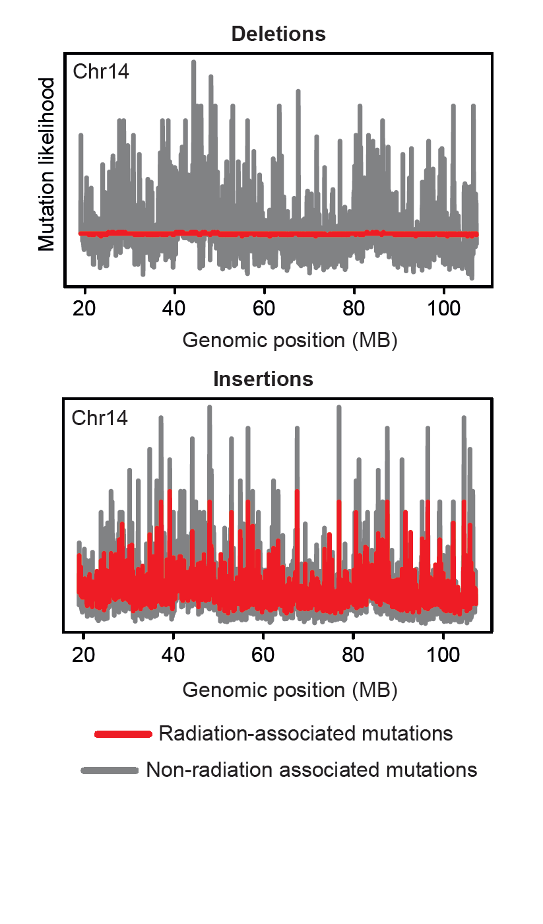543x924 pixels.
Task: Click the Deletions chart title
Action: point(278,34)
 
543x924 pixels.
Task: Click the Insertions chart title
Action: point(263,379)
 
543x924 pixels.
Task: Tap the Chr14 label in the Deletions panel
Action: point(101,71)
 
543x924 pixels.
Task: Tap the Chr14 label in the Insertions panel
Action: point(100,418)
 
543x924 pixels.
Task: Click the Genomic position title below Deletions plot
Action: point(290,341)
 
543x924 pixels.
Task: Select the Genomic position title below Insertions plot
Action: point(290,690)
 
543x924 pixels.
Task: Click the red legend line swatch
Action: point(123,734)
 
